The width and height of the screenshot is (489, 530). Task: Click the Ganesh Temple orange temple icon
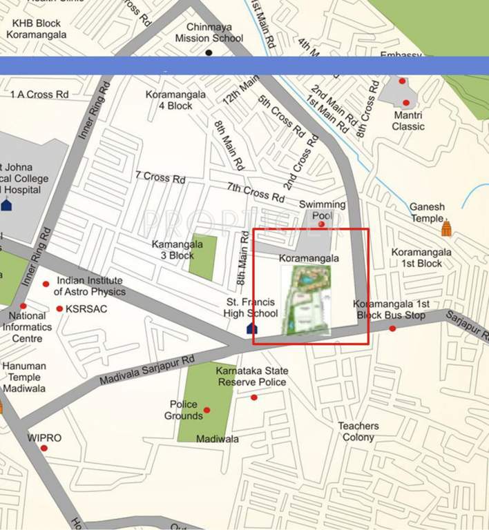click(446, 227)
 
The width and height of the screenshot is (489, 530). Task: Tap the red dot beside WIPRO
click(44, 448)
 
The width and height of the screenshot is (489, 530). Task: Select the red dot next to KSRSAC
click(59, 308)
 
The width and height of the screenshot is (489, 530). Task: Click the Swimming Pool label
click(322, 210)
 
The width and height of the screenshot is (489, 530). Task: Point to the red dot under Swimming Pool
click(321, 224)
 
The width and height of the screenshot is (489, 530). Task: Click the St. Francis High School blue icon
click(252, 328)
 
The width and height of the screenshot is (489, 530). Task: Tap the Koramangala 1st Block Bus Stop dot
click(392, 328)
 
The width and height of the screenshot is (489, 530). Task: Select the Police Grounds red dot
click(207, 410)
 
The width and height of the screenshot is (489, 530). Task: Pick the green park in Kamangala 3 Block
click(202, 257)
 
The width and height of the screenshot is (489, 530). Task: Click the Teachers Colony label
click(358, 431)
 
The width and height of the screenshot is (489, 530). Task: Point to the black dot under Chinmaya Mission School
click(209, 52)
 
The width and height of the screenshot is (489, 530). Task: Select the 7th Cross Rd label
click(256, 193)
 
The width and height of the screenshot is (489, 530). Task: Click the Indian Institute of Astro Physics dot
click(46, 284)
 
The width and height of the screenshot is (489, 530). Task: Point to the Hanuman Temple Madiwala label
click(23, 377)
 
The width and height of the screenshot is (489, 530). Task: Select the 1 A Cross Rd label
click(39, 94)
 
